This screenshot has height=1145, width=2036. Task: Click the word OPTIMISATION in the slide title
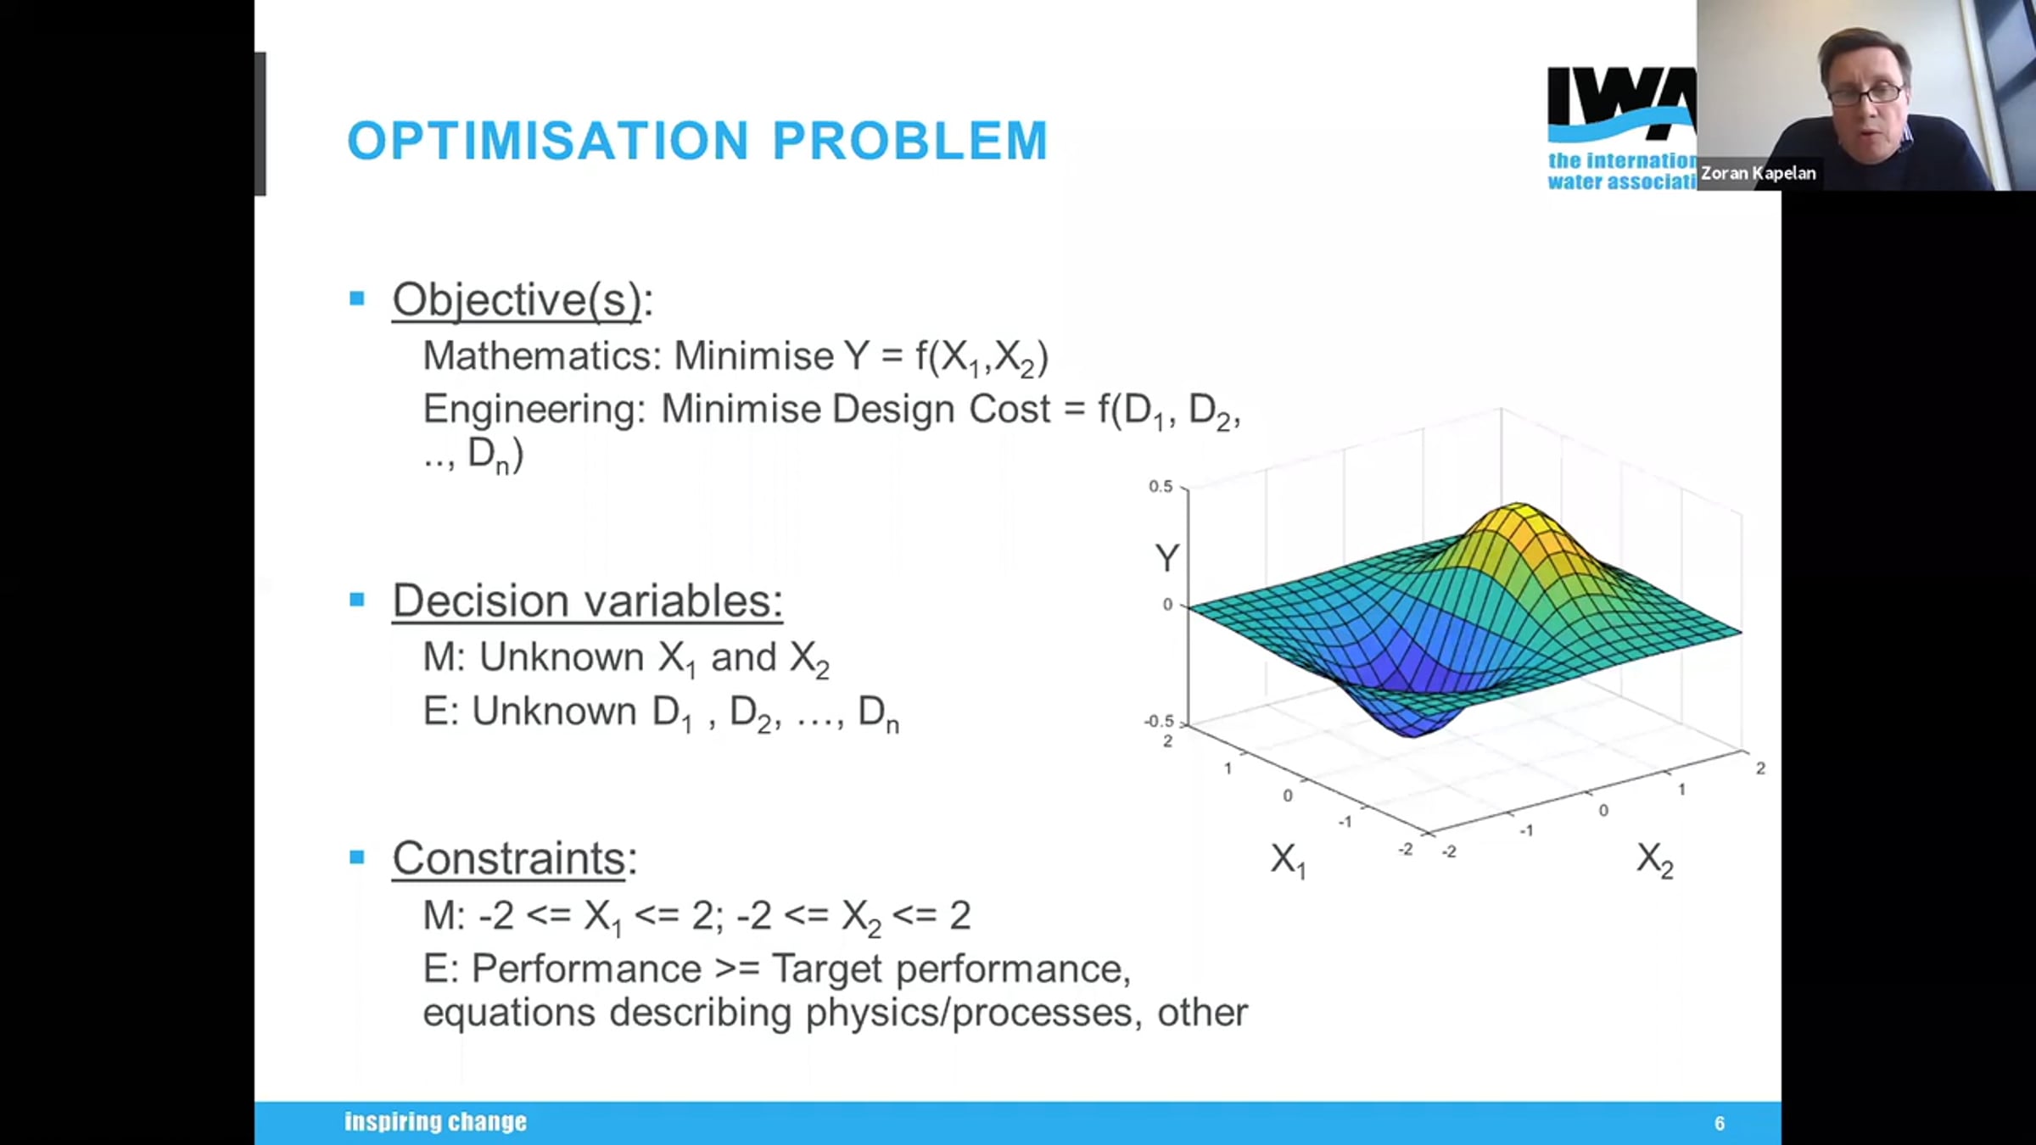pyautogui.click(x=548, y=140)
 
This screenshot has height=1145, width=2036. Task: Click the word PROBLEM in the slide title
pyautogui.click(x=910, y=140)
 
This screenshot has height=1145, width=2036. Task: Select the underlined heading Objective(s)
pyautogui.click(x=517, y=299)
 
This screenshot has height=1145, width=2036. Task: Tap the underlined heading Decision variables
pyautogui.click(x=587, y=600)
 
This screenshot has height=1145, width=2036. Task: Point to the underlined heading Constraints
pyautogui.click(x=509, y=858)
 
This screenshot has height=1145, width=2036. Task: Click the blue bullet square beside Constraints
pyautogui.click(x=357, y=857)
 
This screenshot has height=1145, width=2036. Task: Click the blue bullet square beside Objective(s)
pyautogui.click(x=357, y=298)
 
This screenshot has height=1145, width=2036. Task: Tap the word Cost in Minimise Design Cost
pyautogui.click(x=1010, y=409)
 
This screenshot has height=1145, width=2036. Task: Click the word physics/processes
pyautogui.click(x=969, y=1014)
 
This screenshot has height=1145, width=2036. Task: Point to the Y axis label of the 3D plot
pyautogui.click(x=1167, y=558)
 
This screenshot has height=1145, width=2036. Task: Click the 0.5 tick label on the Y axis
pyautogui.click(x=1161, y=487)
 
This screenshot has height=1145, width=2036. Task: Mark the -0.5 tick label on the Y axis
pyautogui.click(x=1159, y=721)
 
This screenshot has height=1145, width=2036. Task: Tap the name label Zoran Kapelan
pyautogui.click(x=1759, y=173)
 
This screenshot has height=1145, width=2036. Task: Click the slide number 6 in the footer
pyautogui.click(x=1720, y=1124)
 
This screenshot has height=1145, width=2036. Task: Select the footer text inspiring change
pyautogui.click(x=435, y=1122)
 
